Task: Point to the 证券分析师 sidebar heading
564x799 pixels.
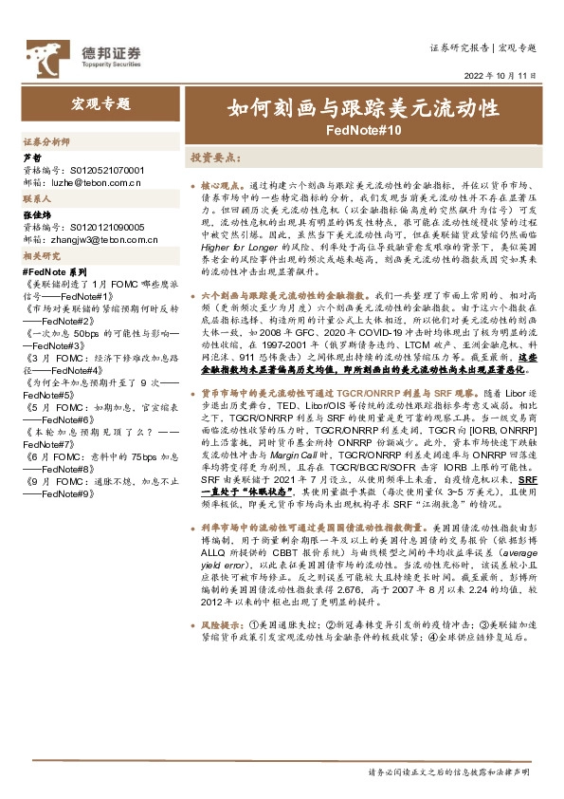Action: tap(45, 141)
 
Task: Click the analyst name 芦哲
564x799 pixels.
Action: tap(31, 157)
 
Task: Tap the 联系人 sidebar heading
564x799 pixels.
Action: tap(36, 200)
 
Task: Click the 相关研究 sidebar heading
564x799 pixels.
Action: tap(41, 257)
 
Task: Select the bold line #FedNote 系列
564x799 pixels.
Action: tap(52, 271)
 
